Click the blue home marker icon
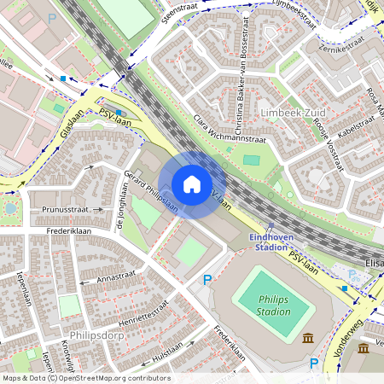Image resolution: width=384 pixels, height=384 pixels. (x=192, y=184)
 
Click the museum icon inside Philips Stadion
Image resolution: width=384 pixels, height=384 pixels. (x=307, y=339)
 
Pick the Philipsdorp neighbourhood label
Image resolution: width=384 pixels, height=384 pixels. (x=101, y=335)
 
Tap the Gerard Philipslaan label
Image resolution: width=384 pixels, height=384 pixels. (x=151, y=191)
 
